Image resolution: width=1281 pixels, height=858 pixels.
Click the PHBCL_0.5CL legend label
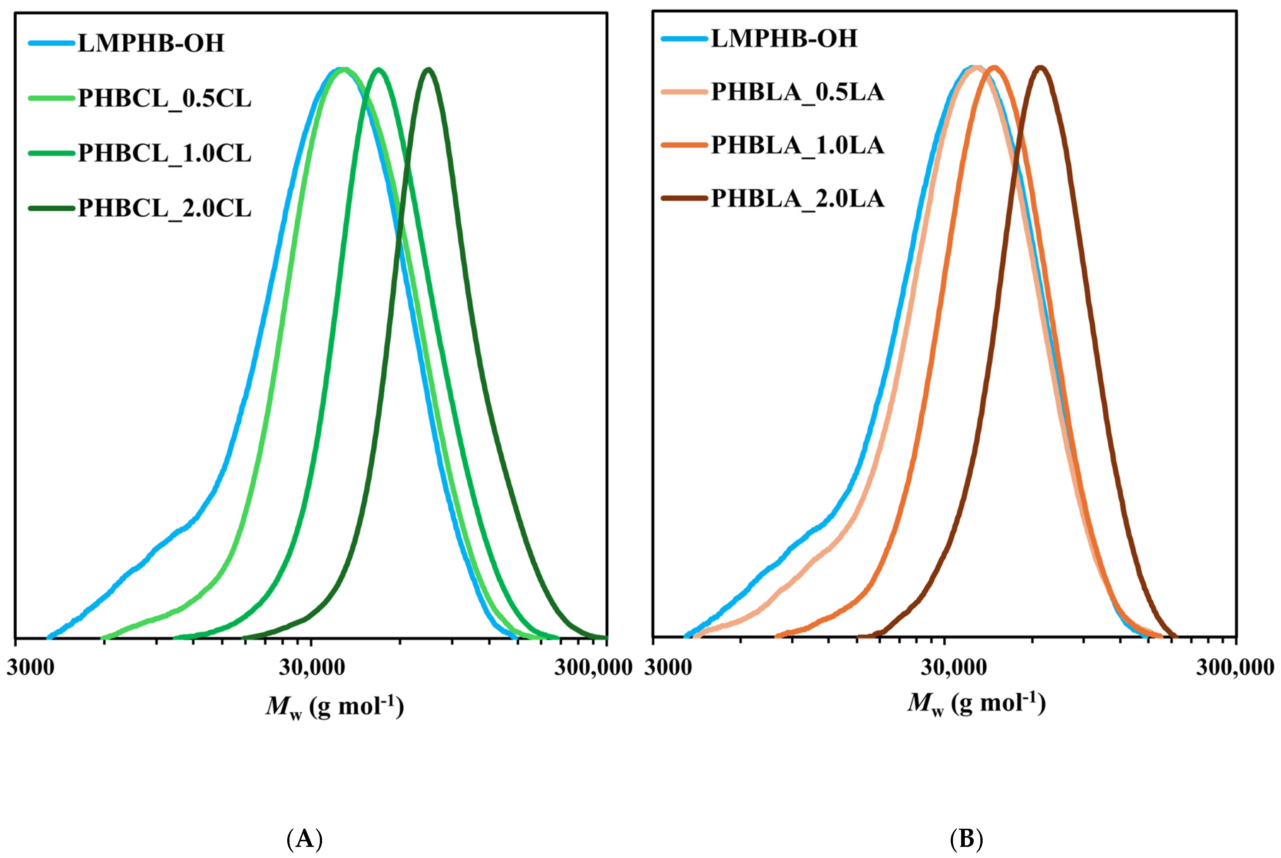[164, 99]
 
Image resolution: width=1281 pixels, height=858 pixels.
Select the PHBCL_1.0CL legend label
[164, 153]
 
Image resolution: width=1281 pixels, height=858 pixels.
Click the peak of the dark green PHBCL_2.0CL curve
[429, 70]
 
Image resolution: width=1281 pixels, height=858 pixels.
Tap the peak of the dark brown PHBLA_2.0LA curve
[1041, 68]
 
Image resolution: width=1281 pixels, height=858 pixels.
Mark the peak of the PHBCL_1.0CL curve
[378, 70]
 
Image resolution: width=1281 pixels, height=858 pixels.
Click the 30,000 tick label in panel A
[312, 668]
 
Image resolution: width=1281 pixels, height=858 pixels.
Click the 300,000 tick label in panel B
[1235, 668]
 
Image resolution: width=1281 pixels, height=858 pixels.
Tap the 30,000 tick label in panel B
[953, 668]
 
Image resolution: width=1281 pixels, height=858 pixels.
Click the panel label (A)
[305, 839]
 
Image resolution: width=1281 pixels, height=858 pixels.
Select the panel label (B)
[966, 839]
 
